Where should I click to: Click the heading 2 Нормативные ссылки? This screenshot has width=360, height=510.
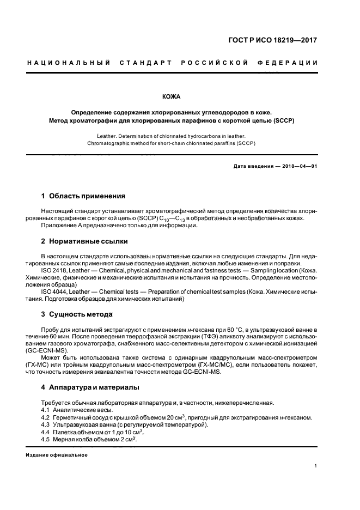coord(85,241)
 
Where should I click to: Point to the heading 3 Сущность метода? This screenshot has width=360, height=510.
coord(77,314)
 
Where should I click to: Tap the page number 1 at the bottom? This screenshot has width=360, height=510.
coord(316,465)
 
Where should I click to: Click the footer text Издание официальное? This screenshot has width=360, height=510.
coord(57,454)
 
